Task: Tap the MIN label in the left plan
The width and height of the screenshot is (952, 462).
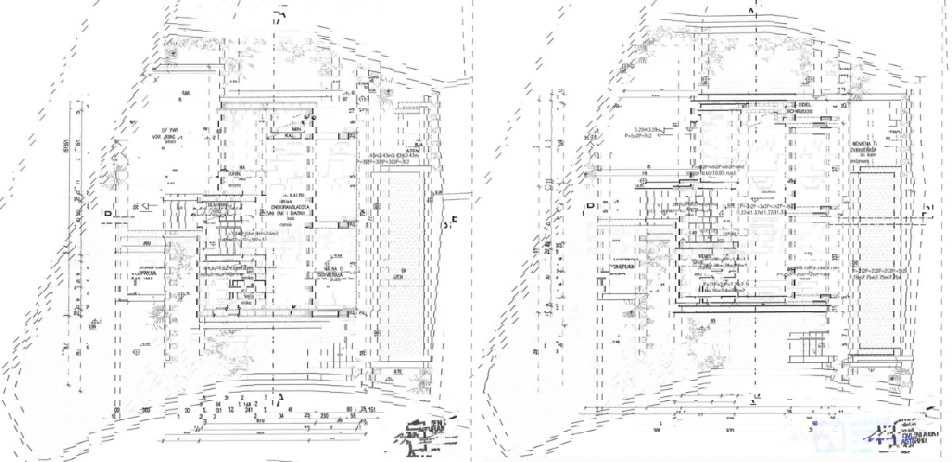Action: pyautogui.click(x=295, y=129)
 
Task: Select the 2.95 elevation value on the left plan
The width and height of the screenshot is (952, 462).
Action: pyautogui.click(x=92, y=325)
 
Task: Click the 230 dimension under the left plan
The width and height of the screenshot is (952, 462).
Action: pyautogui.click(x=324, y=415)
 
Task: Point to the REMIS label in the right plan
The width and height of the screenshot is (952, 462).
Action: pyautogui.click(x=706, y=256)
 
